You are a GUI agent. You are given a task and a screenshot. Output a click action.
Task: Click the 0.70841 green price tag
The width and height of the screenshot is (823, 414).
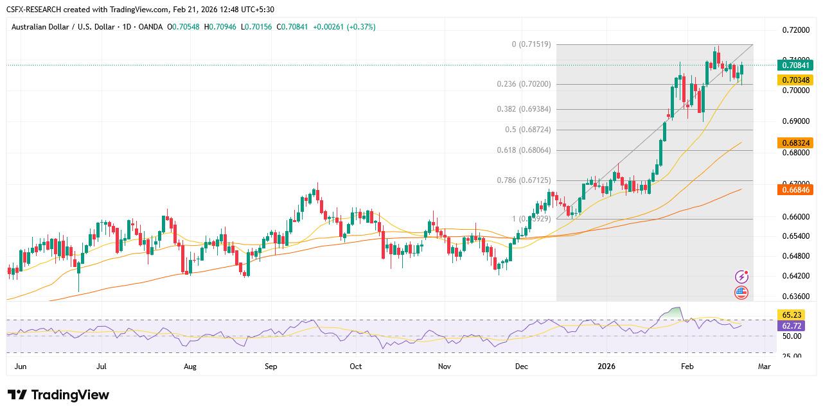coord(795,65)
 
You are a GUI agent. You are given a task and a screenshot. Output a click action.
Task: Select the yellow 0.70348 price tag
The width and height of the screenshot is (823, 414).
coord(795,80)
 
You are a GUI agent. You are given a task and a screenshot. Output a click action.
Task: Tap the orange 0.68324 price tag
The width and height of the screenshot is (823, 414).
coord(795,142)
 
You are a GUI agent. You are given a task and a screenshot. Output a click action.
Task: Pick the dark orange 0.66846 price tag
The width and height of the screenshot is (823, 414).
coord(795,190)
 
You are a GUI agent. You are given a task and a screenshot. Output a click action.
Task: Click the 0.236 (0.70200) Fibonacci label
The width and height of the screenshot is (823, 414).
coord(524,84)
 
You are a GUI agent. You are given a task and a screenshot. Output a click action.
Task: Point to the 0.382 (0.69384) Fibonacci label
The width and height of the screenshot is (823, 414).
coord(524,109)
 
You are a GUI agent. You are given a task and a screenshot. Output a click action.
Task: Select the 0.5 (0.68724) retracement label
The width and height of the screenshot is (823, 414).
coord(527,130)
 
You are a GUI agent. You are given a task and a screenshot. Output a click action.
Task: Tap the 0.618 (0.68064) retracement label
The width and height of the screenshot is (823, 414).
coord(524,150)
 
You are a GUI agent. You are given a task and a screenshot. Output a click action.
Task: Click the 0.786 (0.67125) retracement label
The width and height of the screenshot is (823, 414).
coord(524,180)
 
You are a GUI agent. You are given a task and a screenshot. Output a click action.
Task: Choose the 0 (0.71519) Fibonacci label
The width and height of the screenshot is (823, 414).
coord(531,44)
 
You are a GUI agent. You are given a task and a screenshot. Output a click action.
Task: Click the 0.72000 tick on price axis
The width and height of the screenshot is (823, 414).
coord(795,30)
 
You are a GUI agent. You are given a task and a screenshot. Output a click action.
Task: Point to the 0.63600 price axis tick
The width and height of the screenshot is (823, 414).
coord(795,297)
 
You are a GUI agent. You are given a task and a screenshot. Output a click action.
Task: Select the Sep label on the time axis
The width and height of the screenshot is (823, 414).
coord(270,367)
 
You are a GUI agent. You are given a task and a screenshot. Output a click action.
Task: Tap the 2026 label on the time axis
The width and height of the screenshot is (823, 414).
coord(606,367)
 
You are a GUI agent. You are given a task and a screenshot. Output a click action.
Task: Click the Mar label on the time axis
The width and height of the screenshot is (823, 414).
coord(764,367)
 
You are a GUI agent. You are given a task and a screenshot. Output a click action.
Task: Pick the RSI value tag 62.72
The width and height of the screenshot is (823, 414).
coord(792,326)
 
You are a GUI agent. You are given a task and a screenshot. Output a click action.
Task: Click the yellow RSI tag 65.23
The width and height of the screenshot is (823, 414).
coord(792,315)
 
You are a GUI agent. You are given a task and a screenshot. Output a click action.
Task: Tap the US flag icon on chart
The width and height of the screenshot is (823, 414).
coord(741,293)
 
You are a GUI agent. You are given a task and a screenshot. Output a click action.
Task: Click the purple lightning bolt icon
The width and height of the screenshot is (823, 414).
coord(741,277)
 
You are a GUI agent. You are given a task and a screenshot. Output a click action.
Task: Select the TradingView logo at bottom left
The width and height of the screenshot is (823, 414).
coord(58,395)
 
